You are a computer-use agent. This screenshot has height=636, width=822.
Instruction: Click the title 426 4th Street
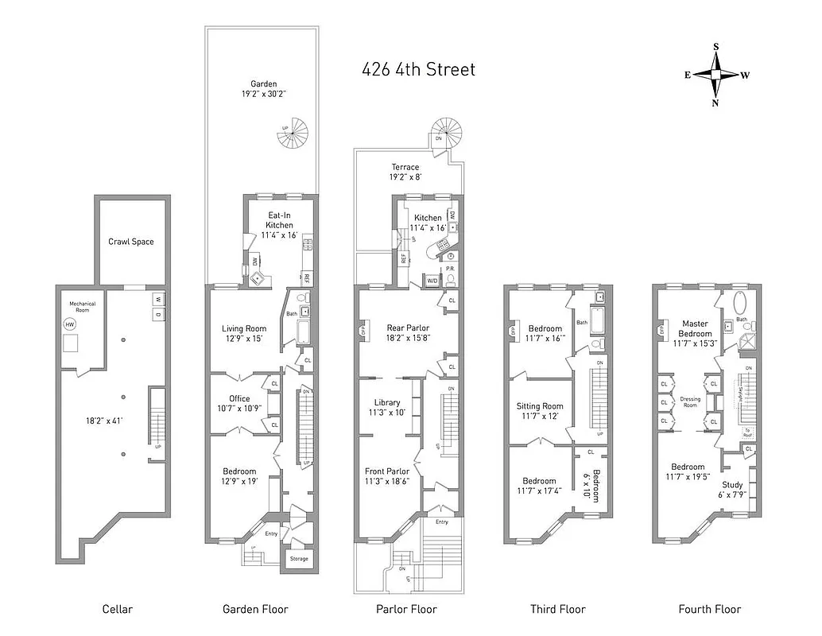click(x=418, y=69)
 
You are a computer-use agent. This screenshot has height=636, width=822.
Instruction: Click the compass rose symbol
click(x=715, y=75)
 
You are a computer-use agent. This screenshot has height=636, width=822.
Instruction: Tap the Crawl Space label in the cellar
click(x=131, y=242)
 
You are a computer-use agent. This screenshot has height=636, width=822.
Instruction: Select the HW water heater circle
click(x=70, y=325)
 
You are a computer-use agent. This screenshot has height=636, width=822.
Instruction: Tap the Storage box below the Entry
click(x=298, y=559)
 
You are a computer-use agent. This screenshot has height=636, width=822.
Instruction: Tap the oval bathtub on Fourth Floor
click(x=740, y=304)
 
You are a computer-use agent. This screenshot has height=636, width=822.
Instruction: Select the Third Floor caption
click(x=557, y=609)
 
